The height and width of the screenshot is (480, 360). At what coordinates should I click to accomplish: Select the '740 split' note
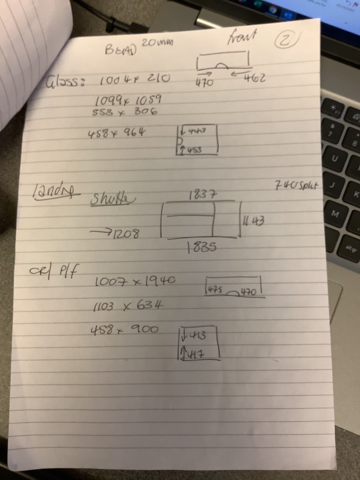(296, 186)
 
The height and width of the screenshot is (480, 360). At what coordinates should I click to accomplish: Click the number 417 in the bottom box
(196, 353)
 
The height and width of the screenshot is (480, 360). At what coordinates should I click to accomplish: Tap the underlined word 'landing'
(55, 192)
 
